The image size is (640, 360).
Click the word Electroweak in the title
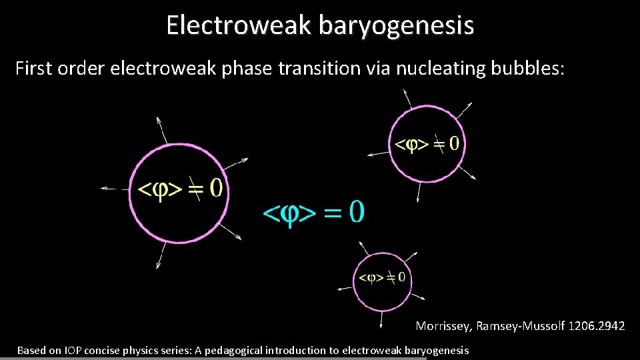click(239, 25)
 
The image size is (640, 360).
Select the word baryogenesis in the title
click(396, 25)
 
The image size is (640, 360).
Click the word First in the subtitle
click(34, 68)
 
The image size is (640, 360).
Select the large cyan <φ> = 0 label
click(314, 213)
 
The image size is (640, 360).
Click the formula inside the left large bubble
click(179, 189)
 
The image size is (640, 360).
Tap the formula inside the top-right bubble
click(427, 144)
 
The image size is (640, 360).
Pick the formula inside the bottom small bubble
click(382, 277)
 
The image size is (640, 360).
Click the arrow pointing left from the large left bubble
click(113, 189)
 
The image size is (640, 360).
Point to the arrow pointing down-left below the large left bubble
click(159, 256)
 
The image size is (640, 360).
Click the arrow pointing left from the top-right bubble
click(377, 154)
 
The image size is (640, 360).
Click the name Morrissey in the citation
click(443, 326)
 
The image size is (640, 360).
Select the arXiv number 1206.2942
click(599, 326)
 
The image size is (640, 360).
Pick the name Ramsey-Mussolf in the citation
click(521, 326)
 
